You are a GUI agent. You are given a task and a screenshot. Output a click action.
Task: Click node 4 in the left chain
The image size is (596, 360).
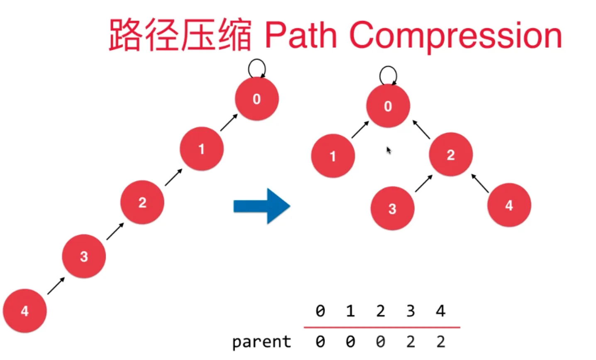pos(25,311)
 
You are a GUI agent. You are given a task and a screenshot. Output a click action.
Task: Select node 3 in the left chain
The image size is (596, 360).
pos(84,256)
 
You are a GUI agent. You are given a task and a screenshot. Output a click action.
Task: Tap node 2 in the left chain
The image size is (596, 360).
pos(142,202)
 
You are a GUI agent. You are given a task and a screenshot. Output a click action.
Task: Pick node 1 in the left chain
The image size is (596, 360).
pos(202,149)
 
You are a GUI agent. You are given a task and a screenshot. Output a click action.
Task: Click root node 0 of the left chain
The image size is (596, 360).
pos(256,99)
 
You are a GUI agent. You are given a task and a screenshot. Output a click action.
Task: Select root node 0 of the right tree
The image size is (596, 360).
pos(388,106)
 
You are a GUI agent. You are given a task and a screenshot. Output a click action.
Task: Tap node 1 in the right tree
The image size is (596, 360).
pos(333,156)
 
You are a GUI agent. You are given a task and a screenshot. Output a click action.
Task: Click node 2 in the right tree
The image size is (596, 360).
pos(451,155)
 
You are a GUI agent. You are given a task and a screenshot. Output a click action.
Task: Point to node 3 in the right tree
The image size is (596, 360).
pos(392,208)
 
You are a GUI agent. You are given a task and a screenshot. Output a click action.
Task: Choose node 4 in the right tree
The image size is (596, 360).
pos(509,205)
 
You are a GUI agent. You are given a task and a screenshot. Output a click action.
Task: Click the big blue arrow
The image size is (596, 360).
pos(261,206)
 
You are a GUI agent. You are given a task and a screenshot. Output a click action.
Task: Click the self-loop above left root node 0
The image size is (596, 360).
pos(256,68)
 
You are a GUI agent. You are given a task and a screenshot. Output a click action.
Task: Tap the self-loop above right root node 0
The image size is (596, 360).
pos(388,76)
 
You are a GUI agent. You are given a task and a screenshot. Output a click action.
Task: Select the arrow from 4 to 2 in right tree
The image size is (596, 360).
pos(480,184)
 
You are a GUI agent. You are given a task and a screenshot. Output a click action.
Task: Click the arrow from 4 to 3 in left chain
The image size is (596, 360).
pos(56,286)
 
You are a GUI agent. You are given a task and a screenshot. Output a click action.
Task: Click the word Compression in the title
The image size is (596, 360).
pos(455,35)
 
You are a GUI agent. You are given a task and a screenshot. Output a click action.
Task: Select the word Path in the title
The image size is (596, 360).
pos(300,35)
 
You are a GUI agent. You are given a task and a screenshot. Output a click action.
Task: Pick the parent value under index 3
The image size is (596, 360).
pos(410,342)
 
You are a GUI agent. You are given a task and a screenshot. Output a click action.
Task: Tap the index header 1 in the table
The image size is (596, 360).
pos(350,311)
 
